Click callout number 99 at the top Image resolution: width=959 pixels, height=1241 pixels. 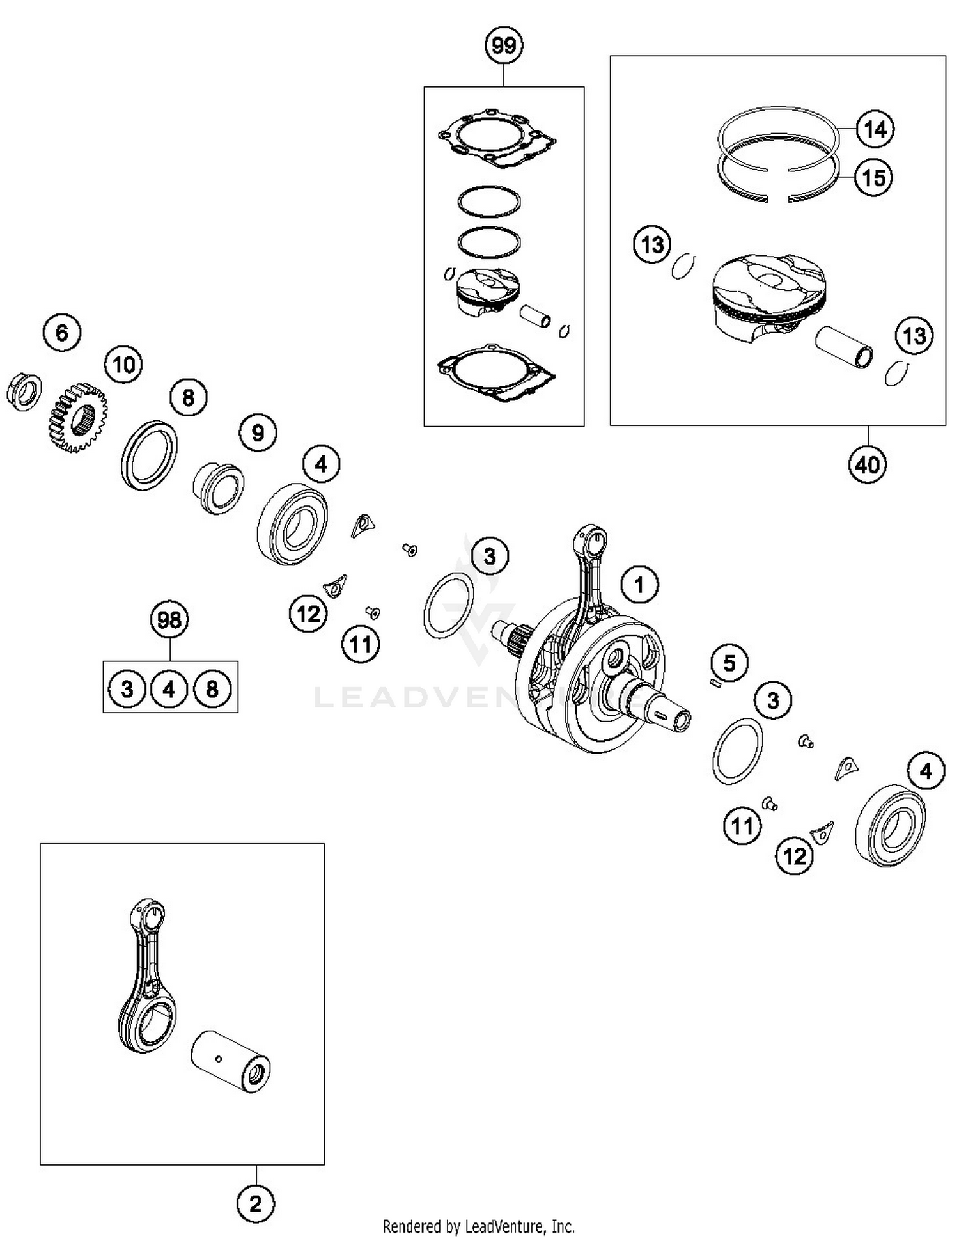[504, 45]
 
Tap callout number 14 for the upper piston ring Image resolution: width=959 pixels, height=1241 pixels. [874, 129]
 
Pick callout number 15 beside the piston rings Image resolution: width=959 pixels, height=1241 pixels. [873, 177]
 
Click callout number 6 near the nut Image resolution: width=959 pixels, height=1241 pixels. [62, 332]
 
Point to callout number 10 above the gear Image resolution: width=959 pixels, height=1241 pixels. [123, 365]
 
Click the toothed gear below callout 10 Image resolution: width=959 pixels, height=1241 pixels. [77, 418]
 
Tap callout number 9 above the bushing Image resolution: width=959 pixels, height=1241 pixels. [258, 433]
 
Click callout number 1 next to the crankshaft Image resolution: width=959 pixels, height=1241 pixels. [639, 584]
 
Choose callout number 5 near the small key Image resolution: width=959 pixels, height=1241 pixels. [729, 663]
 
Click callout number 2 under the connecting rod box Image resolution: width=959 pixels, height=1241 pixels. [256, 1205]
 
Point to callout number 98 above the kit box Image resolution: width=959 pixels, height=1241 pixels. [169, 619]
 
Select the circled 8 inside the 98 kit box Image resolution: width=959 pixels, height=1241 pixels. [212, 689]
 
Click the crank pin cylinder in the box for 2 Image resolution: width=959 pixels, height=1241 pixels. [231, 1062]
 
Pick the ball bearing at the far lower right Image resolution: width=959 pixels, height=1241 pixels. [891, 825]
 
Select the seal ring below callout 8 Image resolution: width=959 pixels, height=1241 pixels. [149, 455]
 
